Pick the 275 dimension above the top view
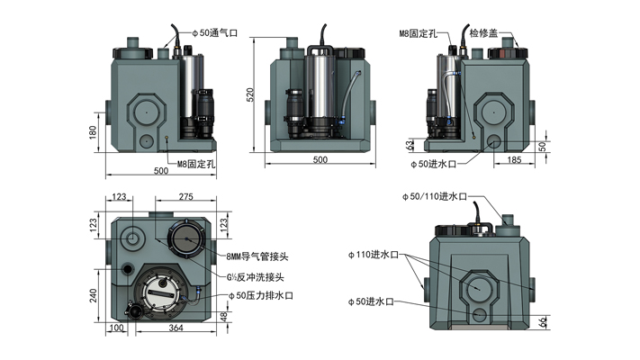pos(186,196)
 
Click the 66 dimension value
pos(542,321)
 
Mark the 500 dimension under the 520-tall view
pos(320,159)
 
